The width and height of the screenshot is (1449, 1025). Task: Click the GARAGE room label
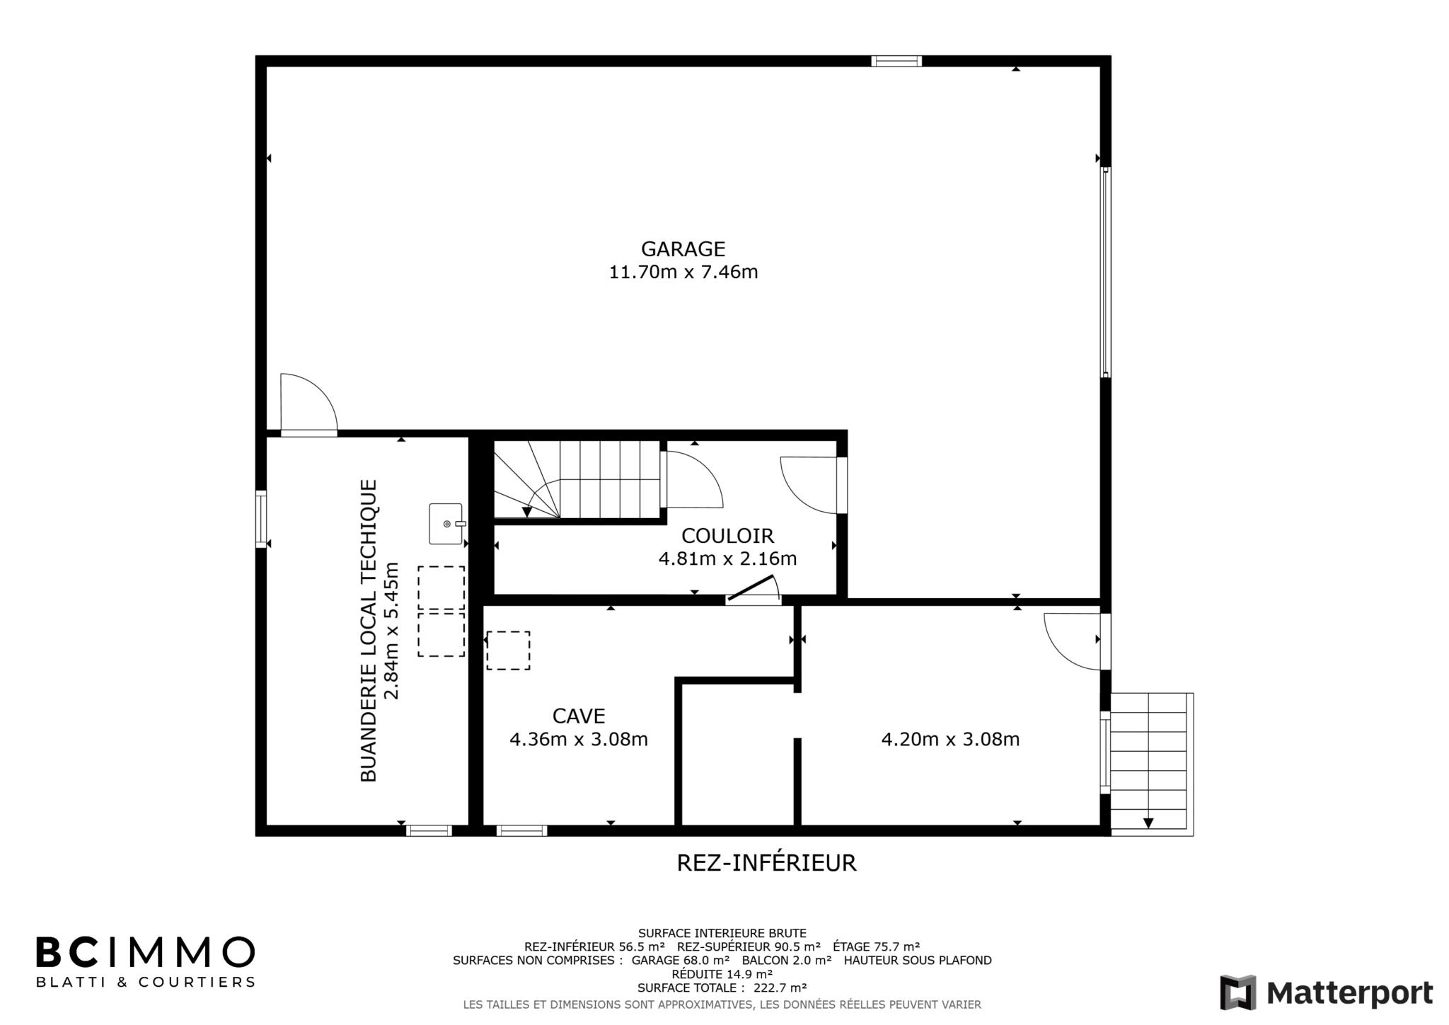tap(683, 249)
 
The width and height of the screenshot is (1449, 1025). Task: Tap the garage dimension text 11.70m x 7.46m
tap(683, 273)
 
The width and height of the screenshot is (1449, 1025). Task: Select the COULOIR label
tap(727, 536)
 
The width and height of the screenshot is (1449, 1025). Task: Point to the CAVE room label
tap(579, 716)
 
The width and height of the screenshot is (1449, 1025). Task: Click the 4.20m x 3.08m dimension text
tap(950, 740)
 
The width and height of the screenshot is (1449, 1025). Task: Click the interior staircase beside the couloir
tap(577, 479)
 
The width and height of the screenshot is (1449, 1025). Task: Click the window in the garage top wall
tap(896, 61)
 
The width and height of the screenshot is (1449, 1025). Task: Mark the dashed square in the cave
tap(508, 651)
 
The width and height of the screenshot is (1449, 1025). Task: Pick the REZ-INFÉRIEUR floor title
tap(766, 863)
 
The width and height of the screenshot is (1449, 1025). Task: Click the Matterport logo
tap(1327, 992)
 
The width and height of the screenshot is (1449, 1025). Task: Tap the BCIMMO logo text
tap(145, 952)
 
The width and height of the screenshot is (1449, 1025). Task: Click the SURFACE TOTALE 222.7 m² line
tap(722, 987)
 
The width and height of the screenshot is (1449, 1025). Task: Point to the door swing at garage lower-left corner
tap(309, 401)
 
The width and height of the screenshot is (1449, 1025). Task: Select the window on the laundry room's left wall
tap(261, 519)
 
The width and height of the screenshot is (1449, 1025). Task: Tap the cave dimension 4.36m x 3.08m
tap(579, 740)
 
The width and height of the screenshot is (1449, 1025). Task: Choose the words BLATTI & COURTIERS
tap(145, 983)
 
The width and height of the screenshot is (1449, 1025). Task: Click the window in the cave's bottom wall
tap(521, 830)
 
